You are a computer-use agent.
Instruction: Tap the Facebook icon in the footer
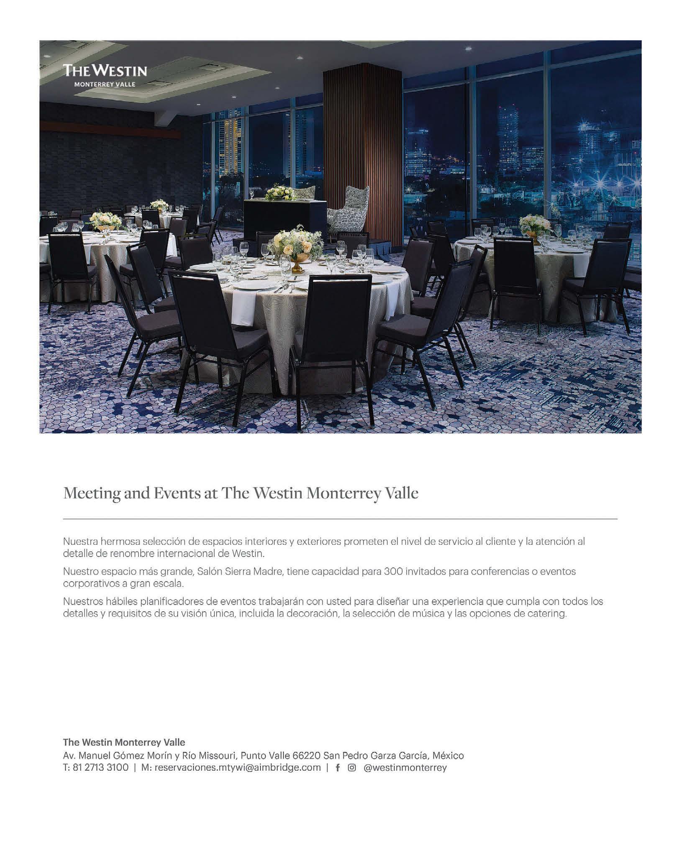(x=338, y=768)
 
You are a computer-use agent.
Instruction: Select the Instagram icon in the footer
(x=352, y=768)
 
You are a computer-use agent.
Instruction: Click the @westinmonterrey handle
(x=405, y=768)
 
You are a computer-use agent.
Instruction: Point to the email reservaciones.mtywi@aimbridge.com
(x=237, y=768)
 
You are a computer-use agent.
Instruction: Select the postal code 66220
(x=306, y=756)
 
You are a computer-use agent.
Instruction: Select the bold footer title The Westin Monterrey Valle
(x=124, y=742)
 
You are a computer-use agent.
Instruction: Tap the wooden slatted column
(x=362, y=151)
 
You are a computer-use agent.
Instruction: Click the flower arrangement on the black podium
(x=280, y=192)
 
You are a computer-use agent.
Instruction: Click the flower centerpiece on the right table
(x=535, y=226)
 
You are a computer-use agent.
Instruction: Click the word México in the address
(x=448, y=756)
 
